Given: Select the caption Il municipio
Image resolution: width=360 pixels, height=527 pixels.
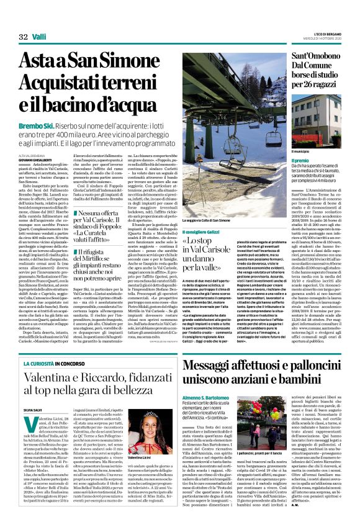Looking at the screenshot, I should click(x=284, y=151).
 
